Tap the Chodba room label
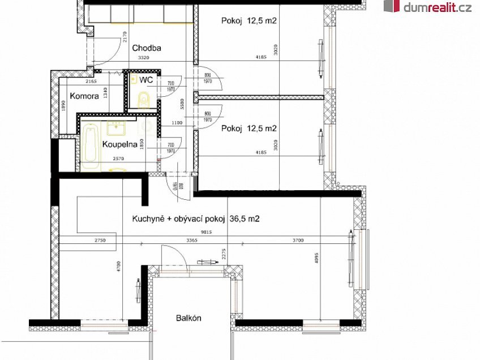coord(147,48)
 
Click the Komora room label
coord(84,96)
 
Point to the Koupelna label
coord(117,144)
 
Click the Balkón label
coord(188,318)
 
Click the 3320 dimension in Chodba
coord(139,58)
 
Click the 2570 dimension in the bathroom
coord(118,160)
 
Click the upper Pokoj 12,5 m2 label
coord(248,21)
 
